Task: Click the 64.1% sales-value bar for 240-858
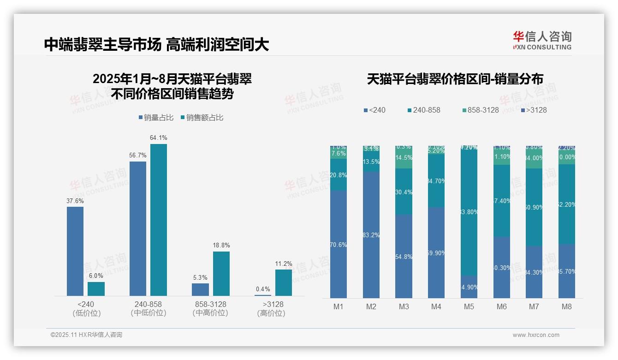[159, 220]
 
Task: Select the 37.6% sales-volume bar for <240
[75, 251]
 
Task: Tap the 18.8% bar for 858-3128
[221, 273]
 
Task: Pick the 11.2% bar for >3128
[284, 282]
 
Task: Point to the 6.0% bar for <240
[96, 288]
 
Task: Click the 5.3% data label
[200, 277]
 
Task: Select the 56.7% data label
[138, 156]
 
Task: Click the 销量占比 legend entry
[156, 118]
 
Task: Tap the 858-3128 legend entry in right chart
[480, 110]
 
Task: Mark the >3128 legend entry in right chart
[534, 110]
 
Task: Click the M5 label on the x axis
[469, 306]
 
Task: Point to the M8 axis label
[567, 306]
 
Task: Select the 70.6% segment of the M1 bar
[339, 245]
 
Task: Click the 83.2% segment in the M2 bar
[371, 235]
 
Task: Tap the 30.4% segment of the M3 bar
[404, 192]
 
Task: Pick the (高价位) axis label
[271, 313]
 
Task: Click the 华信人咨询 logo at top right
[542, 40]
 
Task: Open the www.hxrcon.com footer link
[536, 335]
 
